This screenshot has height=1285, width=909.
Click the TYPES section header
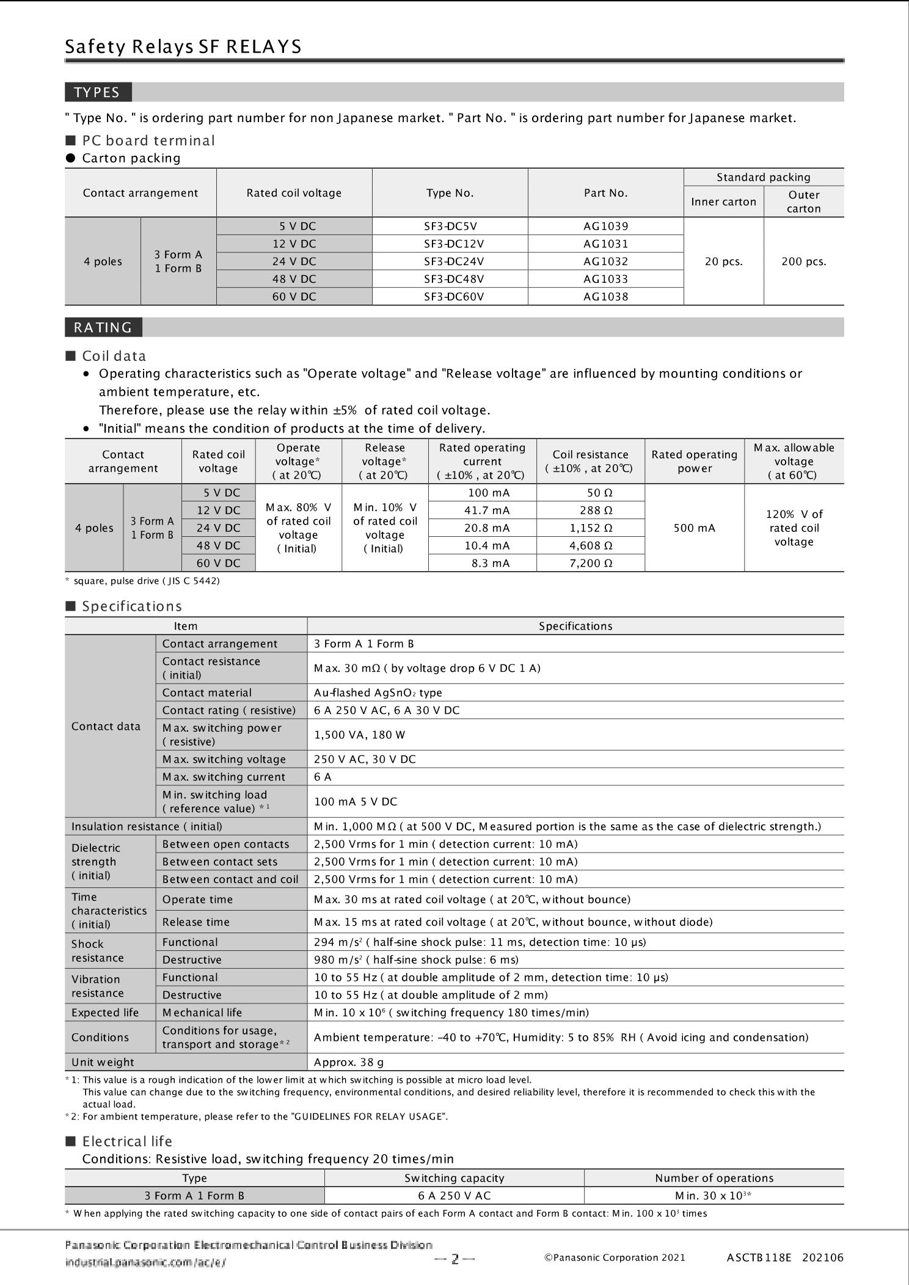pyautogui.click(x=97, y=92)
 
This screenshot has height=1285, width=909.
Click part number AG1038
pyautogui.click(x=605, y=297)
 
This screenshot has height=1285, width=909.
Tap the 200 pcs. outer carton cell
pyautogui.click(x=803, y=261)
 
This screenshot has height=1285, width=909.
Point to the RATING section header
pyautogui.click(x=103, y=327)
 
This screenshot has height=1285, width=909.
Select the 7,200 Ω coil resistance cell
pyautogui.click(x=591, y=563)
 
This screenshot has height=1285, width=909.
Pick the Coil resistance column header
pyautogui.click(x=590, y=461)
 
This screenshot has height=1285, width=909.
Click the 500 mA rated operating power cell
pyautogui.click(x=694, y=528)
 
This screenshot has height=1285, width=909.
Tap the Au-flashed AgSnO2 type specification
pyautogui.click(x=378, y=693)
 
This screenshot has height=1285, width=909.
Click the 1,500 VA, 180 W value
pyautogui.click(x=359, y=735)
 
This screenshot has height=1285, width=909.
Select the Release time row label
pyautogui.click(x=195, y=922)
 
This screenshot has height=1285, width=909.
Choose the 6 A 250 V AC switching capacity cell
pyautogui.click(x=454, y=1196)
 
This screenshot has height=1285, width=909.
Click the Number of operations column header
pyautogui.click(x=714, y=1178)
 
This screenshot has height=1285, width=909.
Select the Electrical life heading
pyautogui.click(x=127, y=1141)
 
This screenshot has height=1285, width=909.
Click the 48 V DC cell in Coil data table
pyautogui.click(x=218, y=545)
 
